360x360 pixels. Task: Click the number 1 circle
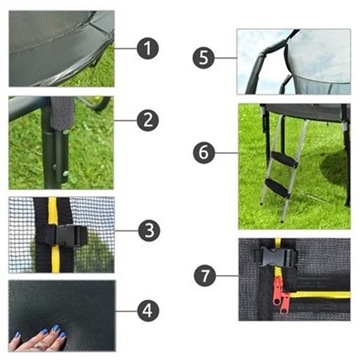(x=147, y=49)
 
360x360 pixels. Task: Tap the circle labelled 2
(x=147, y=121)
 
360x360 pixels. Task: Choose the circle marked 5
(x=205, y=58)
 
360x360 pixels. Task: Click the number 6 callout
(x=205, y=151)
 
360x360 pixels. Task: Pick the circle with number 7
(x=206, y=276)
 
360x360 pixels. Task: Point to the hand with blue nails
(x=35, y=339)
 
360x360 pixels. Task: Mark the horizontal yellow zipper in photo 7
(x=320, y=294)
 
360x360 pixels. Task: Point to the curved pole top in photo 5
(x=272, y=50)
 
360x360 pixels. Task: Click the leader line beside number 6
(x=227, y=151)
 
